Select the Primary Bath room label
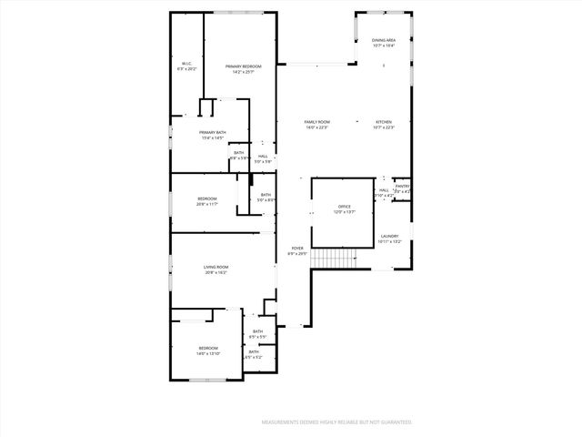point(212,134)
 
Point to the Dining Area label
point(383,41)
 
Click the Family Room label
point(316,122)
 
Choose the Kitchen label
point(384,122)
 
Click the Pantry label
point(402,187)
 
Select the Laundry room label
point(389,236)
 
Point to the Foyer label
point(297,248)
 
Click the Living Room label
point(216,267)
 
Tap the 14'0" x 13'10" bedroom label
point(208,348)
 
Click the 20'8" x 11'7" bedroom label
point(206,198)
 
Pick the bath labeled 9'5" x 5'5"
point(257,331)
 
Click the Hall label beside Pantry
point(384,190)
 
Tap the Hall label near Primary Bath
point(263,157)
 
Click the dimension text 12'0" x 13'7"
point(344,212)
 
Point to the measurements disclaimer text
point(336,422)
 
